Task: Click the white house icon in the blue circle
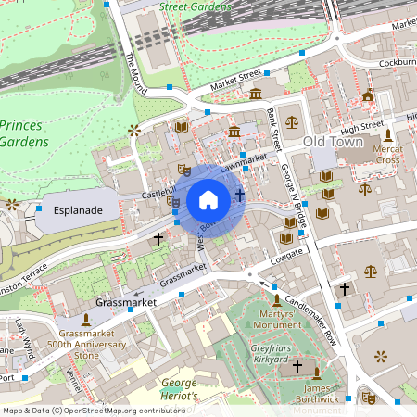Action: tap(208, 199)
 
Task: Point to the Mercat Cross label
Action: tap(387, 154)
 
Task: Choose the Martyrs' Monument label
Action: tap(277, 325)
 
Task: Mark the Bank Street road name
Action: tap(274, 128)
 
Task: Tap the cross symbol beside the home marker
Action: tap(240, 195)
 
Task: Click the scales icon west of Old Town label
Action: tap(293, 121)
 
